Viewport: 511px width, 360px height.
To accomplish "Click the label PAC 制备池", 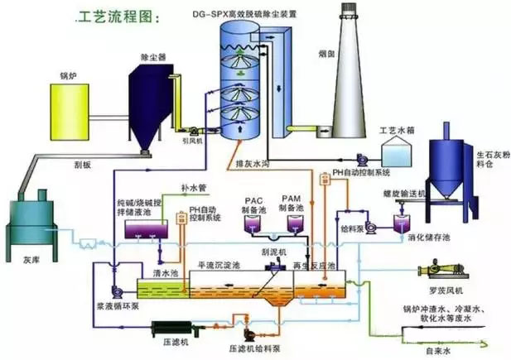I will (256, 204).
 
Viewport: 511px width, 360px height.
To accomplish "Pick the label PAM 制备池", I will (291, 204).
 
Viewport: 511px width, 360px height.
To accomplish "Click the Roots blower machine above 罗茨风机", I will (442, 270).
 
